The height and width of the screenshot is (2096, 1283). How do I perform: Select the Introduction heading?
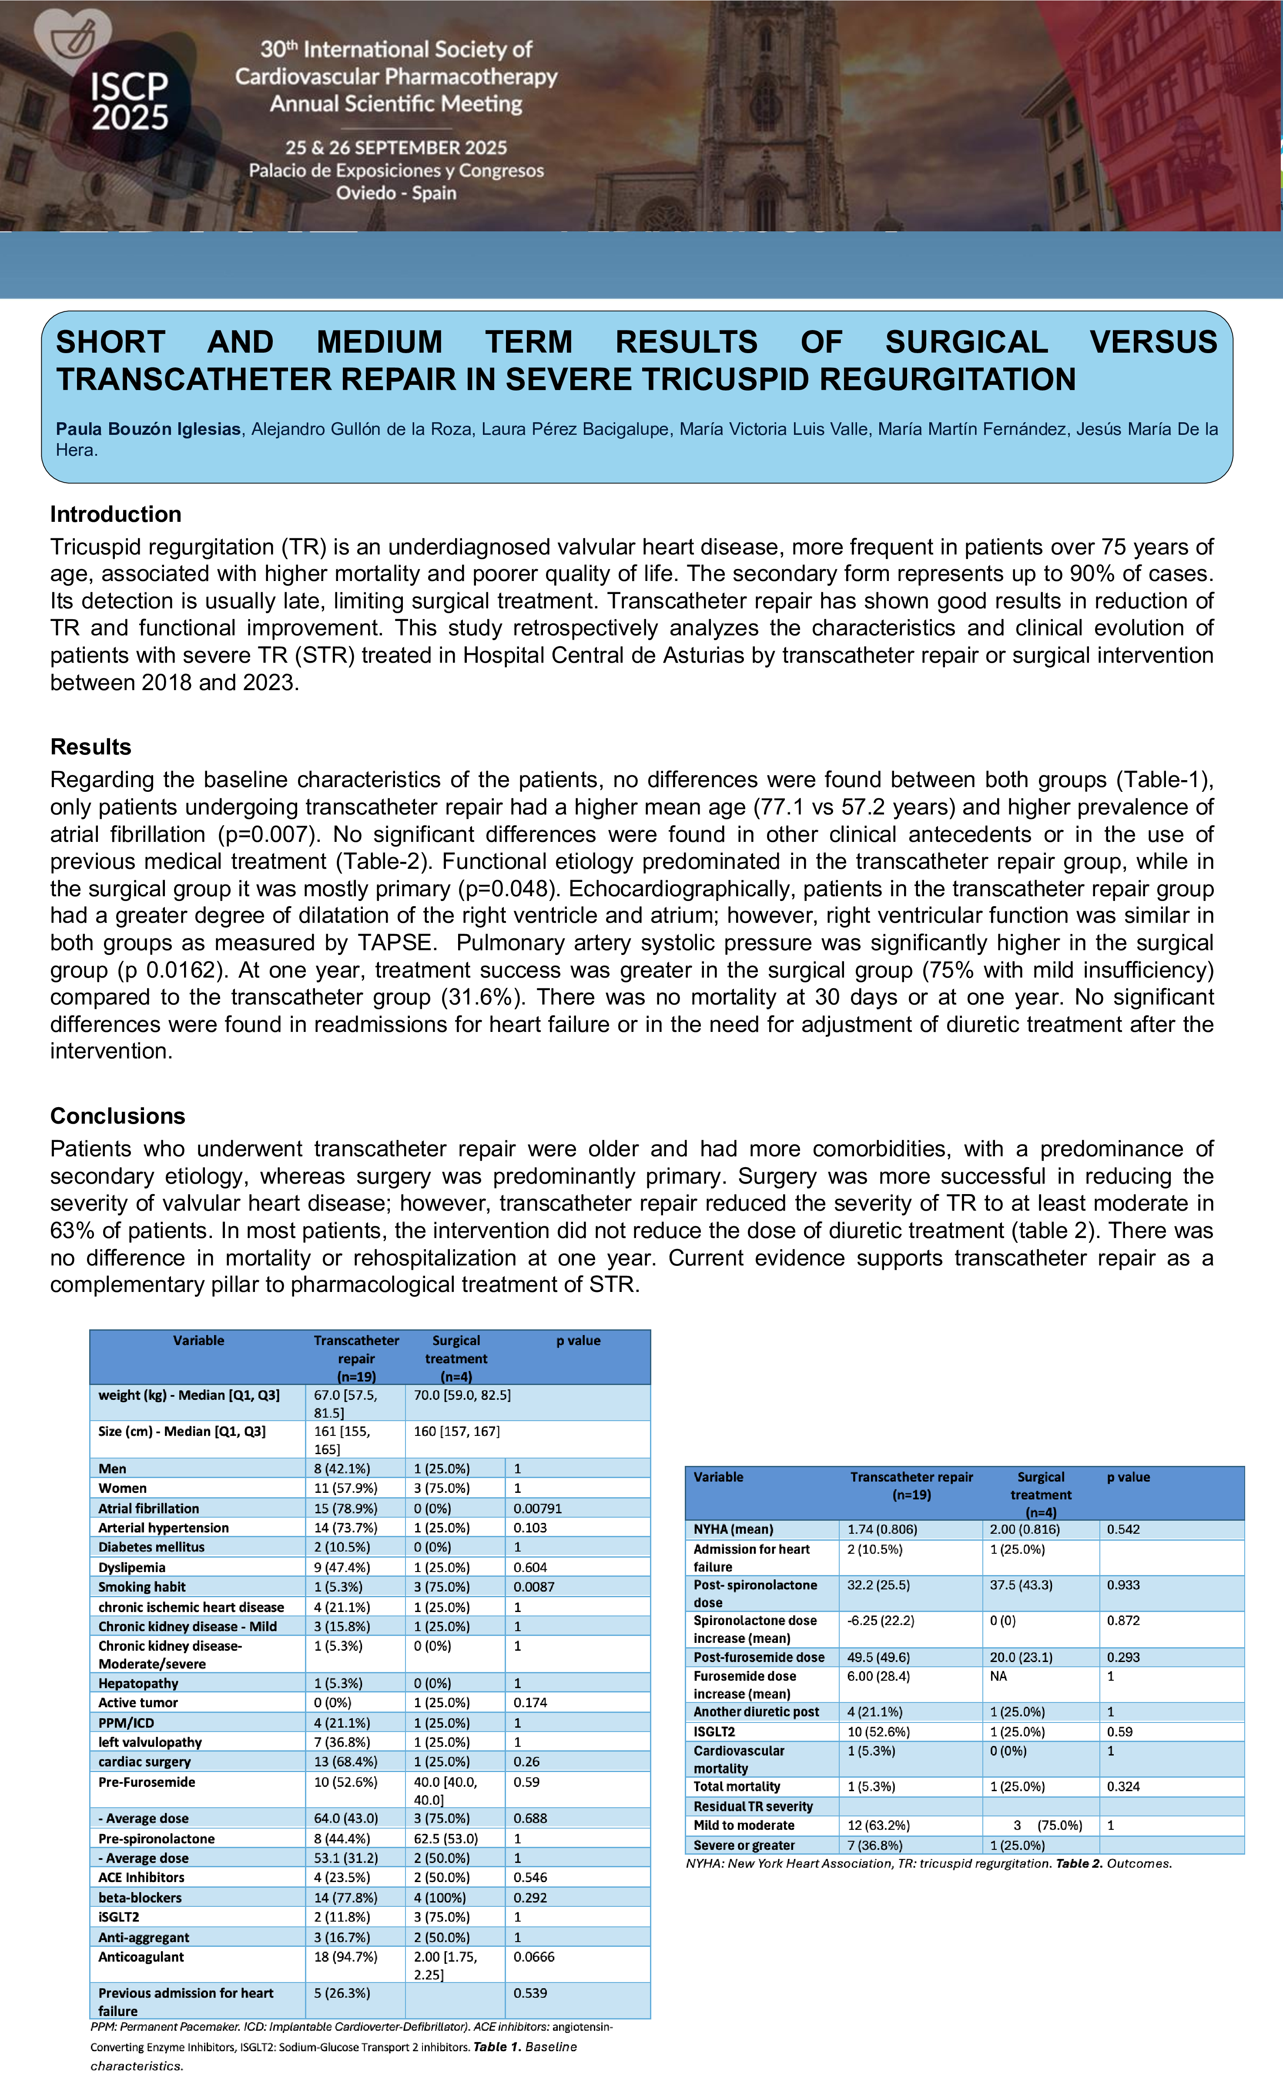tap(116, 514)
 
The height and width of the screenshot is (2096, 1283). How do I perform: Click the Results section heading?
tap(91, 747)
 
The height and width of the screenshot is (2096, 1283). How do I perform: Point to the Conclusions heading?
tap(117, 1116)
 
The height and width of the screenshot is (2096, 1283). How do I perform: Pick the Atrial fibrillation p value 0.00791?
tap(538, 1508)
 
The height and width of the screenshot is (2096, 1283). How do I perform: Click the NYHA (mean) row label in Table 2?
tap(734, 1529)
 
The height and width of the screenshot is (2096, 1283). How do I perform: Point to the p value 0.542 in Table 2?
tap(1123, 1529)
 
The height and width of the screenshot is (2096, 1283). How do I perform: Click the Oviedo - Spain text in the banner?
tap(396, 193)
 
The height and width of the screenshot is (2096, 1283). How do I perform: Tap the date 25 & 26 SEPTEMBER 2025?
tap(396, 148)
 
